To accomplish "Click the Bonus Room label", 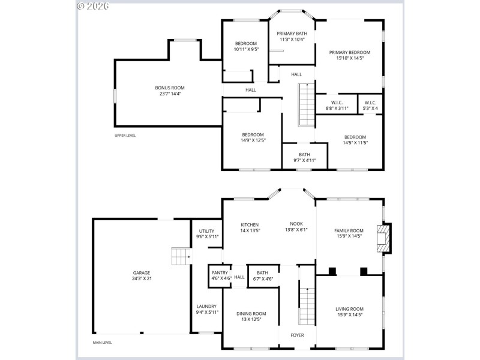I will point(170,88).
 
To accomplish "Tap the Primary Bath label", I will point(292,34).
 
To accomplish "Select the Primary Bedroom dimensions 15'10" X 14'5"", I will point(350,58).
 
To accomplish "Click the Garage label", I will point(142,272).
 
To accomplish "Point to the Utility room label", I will point(207,230).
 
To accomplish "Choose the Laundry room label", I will point(207,306).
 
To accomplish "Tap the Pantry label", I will point(220,272).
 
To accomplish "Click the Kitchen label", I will point(250,224).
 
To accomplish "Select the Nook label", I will point(296,224).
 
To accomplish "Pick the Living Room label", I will point(349,309).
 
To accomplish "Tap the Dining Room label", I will point(251,313).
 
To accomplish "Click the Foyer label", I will point(297,335).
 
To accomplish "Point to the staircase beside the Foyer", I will point(307,305).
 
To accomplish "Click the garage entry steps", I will point(181,256).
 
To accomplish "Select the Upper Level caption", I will point(125,136).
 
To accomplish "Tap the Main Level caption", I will point(102,343).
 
